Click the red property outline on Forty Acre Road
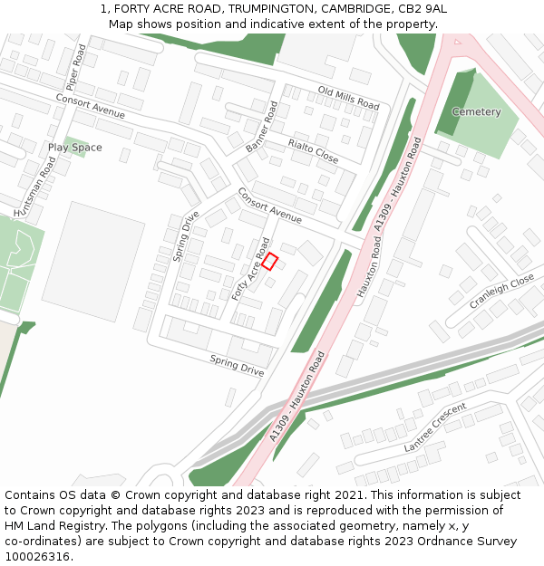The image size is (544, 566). click(269, 261)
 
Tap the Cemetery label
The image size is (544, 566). click(476, 112)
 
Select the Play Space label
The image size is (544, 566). click(75, 148)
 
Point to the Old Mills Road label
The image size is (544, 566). click(348, 98)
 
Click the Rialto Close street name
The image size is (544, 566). click(313, 151)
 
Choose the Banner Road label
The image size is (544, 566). click(261, 128)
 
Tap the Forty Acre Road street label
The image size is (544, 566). click(251, 269)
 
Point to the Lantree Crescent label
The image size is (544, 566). click(435, 427)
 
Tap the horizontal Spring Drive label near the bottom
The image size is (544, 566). click(237, 366)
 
